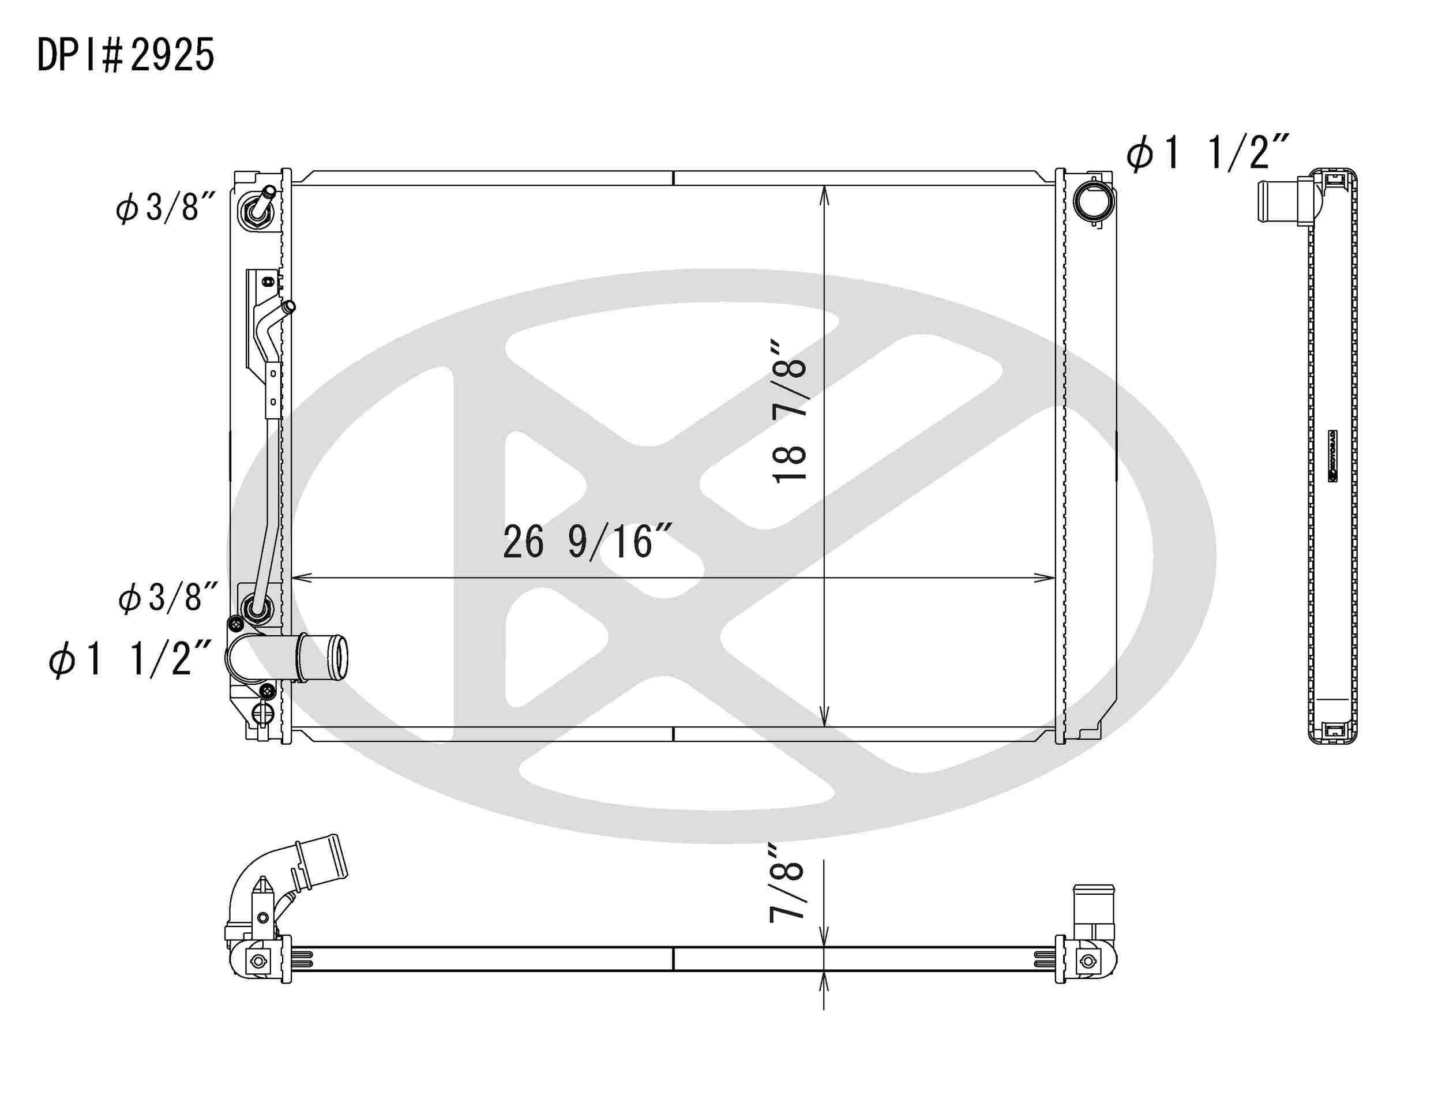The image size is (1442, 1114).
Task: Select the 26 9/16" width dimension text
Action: [x=587, y=542]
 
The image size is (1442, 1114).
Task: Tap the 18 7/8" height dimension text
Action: [x=790, y=411]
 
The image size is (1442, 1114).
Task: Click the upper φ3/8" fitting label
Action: [x=166, y=207]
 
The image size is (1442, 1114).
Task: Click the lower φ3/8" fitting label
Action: [x=168, y=597]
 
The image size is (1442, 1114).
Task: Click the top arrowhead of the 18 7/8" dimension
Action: [x=824, y=192]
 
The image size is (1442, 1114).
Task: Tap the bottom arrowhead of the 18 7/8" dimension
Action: [x=824, y=720]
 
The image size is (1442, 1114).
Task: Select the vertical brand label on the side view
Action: [x=1332, y=456]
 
